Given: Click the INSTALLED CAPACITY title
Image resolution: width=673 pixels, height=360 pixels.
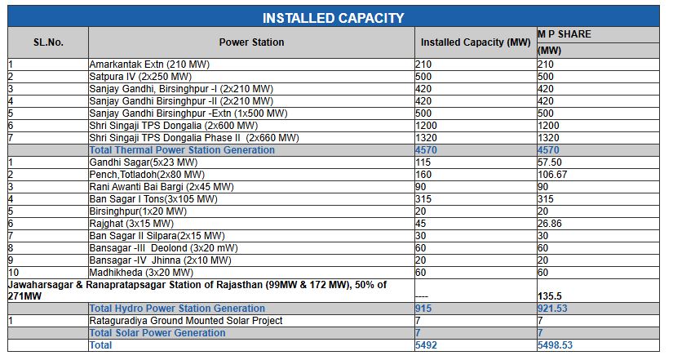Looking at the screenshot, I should (333, 17).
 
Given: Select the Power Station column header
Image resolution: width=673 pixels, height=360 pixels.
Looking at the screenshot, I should (251, 42).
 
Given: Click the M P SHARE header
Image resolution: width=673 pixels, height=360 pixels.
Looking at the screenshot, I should (564, 34).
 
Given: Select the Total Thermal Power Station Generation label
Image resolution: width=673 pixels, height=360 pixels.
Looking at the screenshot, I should (182, 150).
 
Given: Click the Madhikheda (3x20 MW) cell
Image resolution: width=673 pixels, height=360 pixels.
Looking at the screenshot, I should (141, 272).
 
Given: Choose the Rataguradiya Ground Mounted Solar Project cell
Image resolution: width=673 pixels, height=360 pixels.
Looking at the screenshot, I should (186, 321).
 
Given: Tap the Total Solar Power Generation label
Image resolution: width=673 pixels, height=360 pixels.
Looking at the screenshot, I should (157, 333).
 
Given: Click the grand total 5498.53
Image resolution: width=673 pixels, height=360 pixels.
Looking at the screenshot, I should (555, 345).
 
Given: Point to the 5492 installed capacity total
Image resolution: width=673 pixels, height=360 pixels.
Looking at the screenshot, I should (427, 345).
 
